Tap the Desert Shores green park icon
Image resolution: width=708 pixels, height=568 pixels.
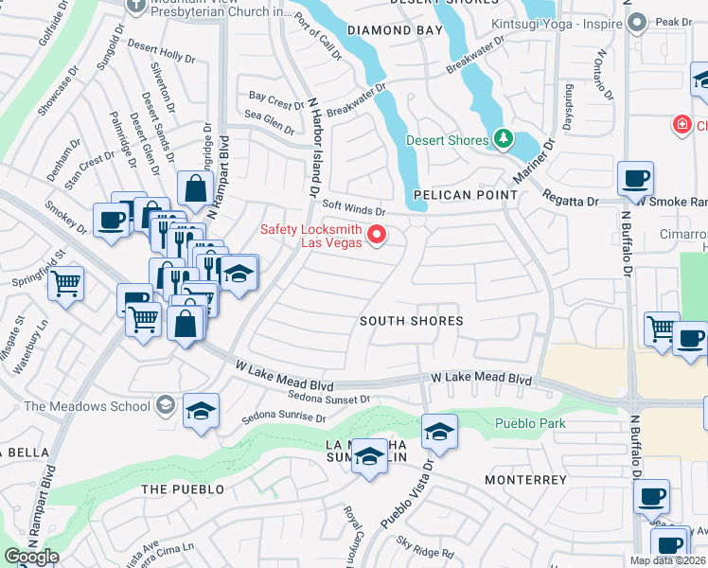coord(504,140)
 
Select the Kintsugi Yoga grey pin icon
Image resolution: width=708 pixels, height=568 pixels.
coord(637,22)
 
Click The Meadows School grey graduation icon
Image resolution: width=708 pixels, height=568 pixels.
coord(166,406)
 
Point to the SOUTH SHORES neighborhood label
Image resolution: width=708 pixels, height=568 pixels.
coord(412,321)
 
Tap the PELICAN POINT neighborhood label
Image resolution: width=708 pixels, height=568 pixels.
coord(466,195)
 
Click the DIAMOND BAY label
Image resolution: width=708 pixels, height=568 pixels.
coord(395,30)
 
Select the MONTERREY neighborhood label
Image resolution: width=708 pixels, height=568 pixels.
coord(525,480)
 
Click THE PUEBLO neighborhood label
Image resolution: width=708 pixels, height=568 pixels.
coord(183,489)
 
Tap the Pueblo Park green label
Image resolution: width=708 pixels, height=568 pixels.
coord(530,423)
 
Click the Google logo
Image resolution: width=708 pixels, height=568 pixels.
coord(31,557)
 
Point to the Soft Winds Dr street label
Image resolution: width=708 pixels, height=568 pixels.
coord(354,207)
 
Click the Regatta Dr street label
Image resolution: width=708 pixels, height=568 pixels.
coord(571,199)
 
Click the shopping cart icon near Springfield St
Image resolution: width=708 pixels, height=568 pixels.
coord(66,282)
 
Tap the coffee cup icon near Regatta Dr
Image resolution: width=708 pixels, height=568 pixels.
coord(635,177)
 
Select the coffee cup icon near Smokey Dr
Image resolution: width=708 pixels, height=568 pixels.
coord(111,221)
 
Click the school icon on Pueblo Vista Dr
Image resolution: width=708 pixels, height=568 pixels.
coord(439,432)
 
